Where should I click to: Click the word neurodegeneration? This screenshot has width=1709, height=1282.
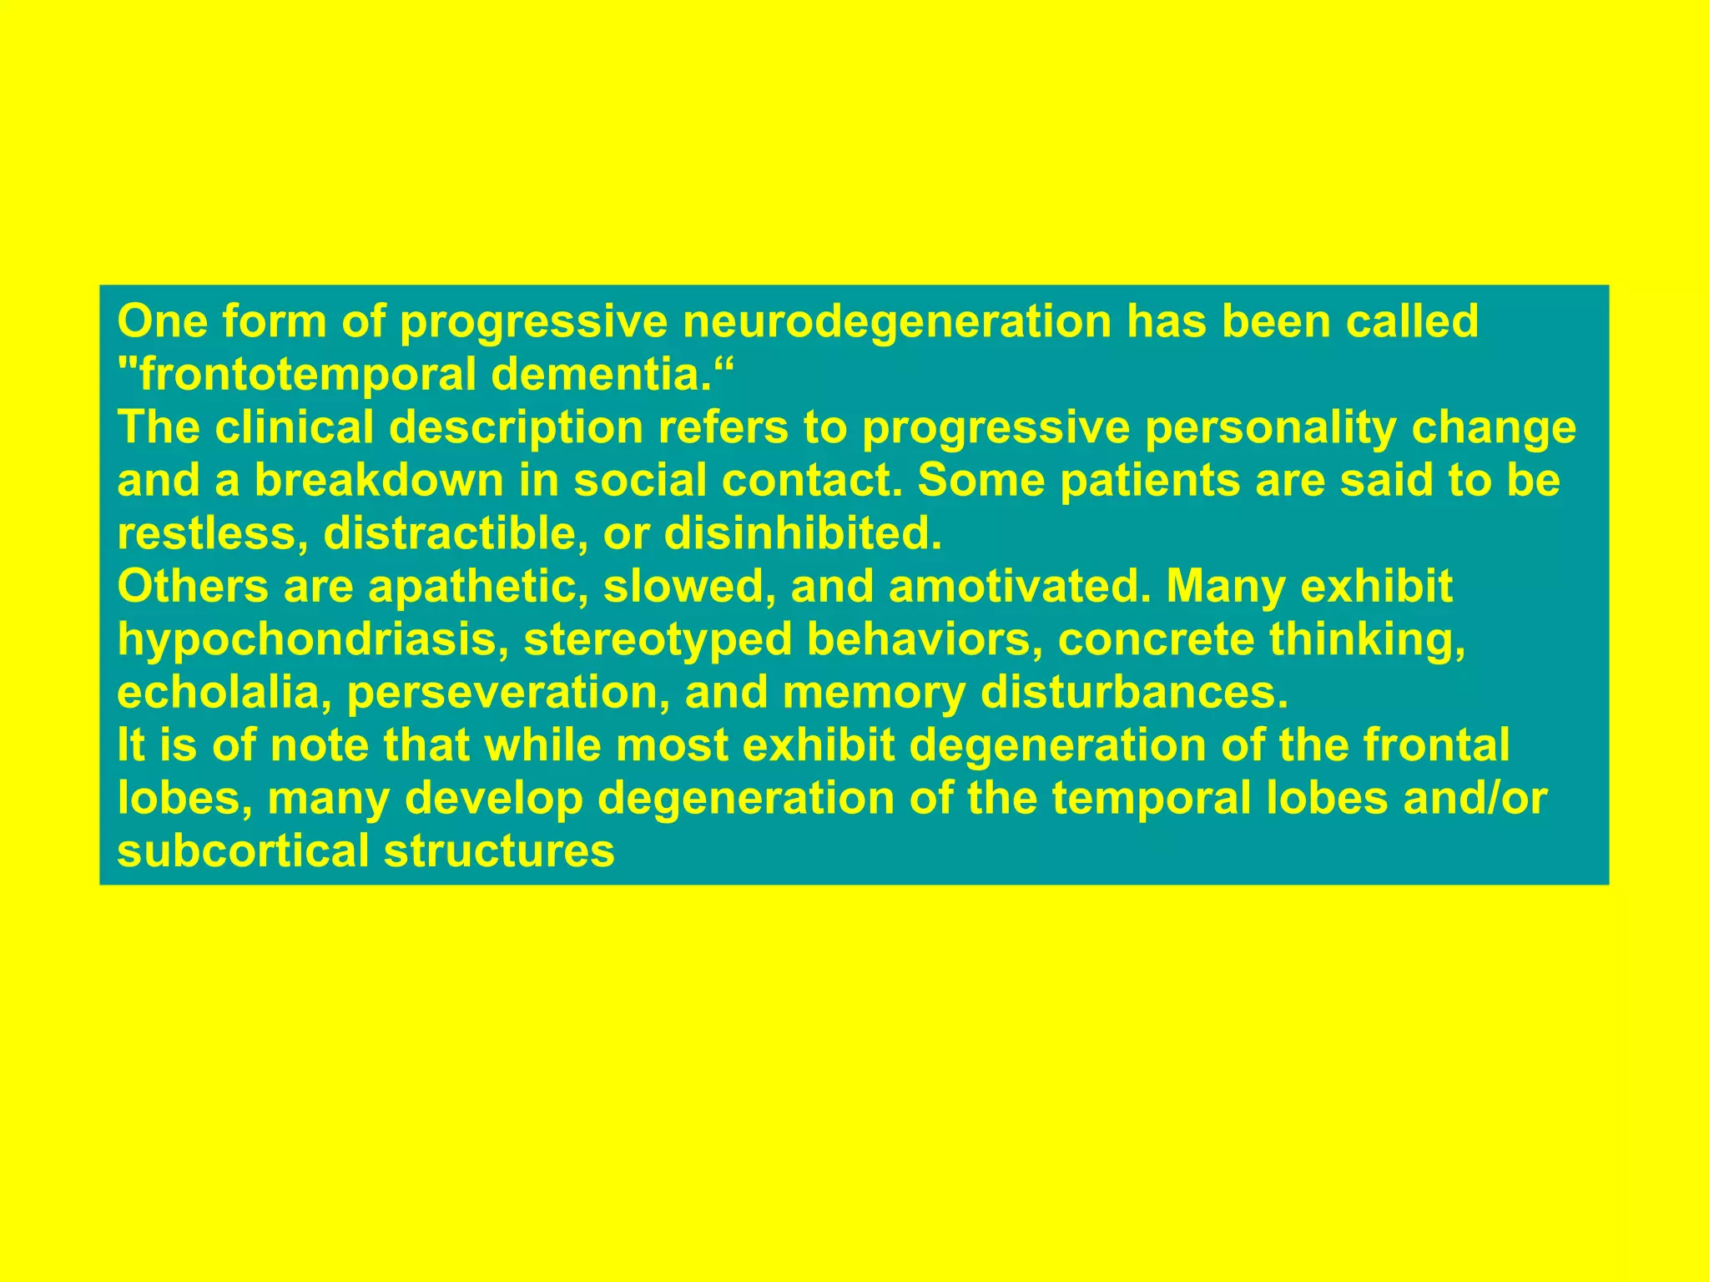897,322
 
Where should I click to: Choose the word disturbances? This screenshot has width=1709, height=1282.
1134,693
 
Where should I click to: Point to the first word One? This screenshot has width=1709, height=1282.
163,322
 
